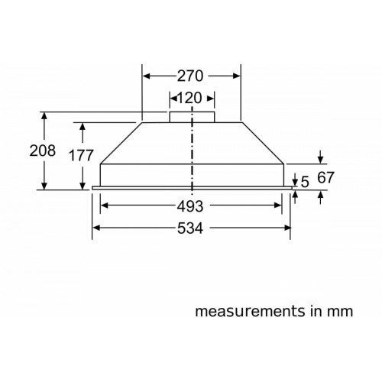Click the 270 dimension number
point(191,76)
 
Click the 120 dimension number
point(191,99)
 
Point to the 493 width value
point(190,206)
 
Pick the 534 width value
point(190,228)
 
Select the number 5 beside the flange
point(306,182)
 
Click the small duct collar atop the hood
point(191,115)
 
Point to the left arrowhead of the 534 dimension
point(96,228)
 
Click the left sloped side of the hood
point(120,141)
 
